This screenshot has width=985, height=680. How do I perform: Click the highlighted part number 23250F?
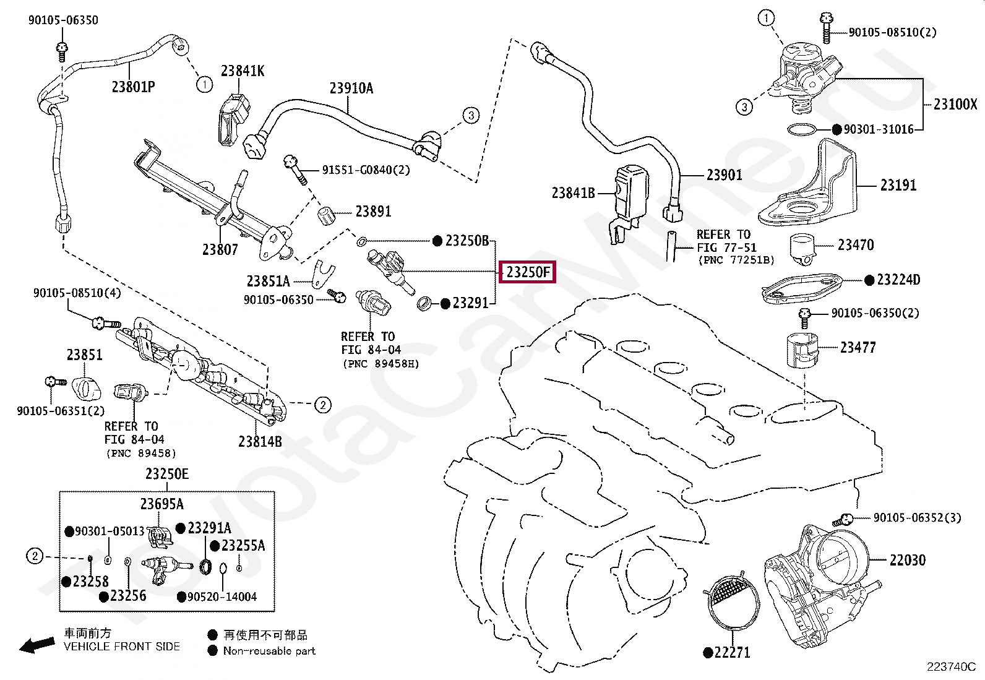tap(527, 272)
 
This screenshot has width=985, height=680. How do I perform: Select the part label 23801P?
tap(133, 87)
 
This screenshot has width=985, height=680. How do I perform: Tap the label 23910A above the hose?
tap(351, 88)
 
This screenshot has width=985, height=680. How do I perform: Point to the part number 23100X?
tap(955, 104)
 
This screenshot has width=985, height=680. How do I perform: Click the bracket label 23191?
tap(898, 185)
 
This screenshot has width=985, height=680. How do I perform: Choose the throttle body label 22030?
tap(908, 560)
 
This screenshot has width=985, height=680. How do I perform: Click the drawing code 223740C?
tap(951, 667)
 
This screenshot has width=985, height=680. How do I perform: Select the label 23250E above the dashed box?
tap(167, 474)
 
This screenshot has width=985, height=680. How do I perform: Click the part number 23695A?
tap(162, 504)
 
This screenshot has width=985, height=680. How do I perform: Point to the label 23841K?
tap(243, 71)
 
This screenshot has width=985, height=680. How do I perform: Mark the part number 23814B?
tap(260, 441)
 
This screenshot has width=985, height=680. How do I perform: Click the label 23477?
tap(858, 348)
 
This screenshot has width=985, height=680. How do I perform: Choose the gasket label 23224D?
tap(898, 280)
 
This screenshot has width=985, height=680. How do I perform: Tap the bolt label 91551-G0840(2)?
tap(366, 170)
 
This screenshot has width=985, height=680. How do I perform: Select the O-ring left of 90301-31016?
tap(801, 130)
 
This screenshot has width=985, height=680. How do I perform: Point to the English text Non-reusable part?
tap(269, 651)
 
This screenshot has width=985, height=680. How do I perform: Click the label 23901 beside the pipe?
tap(725, 175)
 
